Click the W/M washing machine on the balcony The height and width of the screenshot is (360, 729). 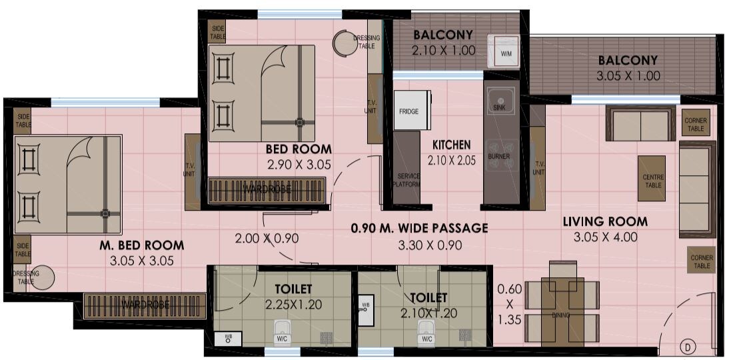click(x=506, y=51)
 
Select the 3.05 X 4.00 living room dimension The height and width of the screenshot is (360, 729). click(x=605, y=237)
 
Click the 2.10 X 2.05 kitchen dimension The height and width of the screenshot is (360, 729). click(x=452, y=160)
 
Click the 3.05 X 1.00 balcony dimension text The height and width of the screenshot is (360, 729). click(x=628, y=76)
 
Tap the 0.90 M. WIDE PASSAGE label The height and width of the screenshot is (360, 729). click(x=419, y=228)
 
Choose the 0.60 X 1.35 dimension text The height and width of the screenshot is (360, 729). click(x=509, y=304)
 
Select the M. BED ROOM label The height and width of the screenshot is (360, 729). click(x=141, y=245)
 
